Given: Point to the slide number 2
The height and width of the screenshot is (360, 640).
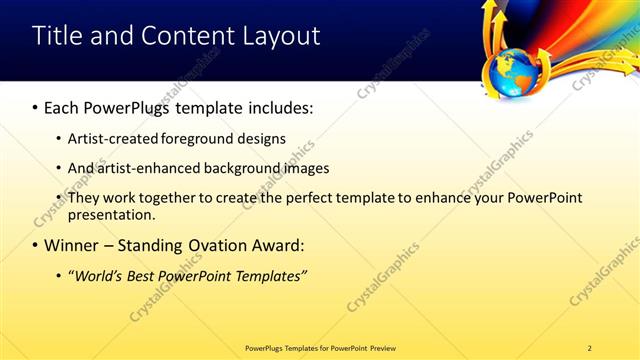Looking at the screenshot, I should tap(589, 347).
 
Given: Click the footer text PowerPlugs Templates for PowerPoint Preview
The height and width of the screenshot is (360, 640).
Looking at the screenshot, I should tap(320, 347).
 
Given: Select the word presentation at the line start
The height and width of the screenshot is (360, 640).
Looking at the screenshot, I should tap(109, 215).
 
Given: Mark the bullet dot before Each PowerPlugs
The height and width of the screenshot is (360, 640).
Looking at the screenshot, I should tap(36, 106).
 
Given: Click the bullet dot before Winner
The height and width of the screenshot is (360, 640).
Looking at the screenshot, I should tap(36, 245).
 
